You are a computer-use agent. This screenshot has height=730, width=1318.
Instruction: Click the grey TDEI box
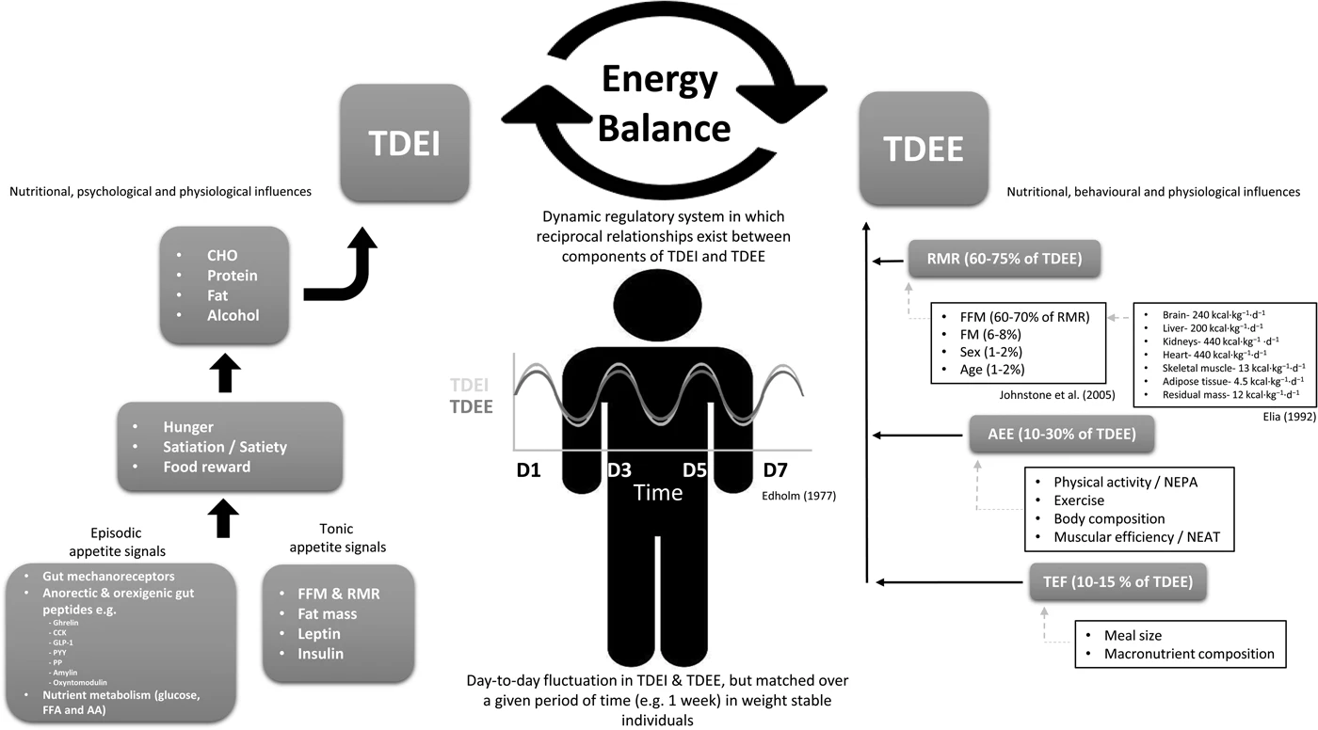coord(404,143)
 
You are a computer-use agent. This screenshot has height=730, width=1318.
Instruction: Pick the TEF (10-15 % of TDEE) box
coord(1115,581)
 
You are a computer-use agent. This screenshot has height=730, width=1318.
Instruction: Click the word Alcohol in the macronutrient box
coord(233,315)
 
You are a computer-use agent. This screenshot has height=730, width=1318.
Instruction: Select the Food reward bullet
coord(206,467)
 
